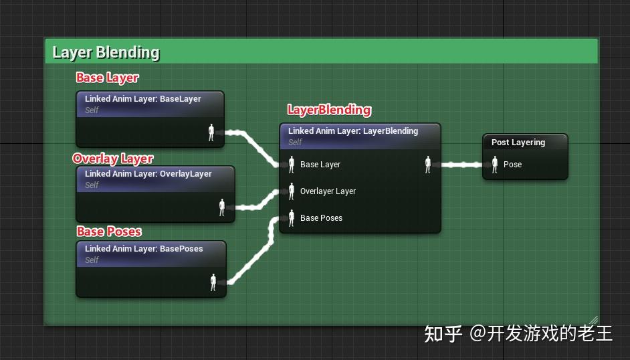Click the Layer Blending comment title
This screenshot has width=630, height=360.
(x=106, y=52)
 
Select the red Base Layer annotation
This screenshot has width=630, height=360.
(x=107, y=78)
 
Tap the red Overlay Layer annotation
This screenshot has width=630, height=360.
(x=113, y=159)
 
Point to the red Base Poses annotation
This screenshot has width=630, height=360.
(x=109, y=232)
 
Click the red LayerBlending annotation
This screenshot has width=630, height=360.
(x=329, y=110)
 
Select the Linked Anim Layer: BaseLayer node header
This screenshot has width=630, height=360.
(x=143, y=99)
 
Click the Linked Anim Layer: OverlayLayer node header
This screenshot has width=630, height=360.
(x=148, y=174)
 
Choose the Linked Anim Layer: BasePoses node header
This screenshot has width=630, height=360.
(x=144, y=249)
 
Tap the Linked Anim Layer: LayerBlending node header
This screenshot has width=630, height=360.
(x=353, y=131)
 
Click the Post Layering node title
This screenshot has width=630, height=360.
(x=518, y=143)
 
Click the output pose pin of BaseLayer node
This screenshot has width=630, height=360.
(x=211, y=132)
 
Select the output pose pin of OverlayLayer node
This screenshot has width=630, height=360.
(x=222, y=207)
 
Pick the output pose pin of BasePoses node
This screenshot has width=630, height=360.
(x=213, y=282)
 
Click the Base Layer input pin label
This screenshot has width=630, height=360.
(x=320, y=165)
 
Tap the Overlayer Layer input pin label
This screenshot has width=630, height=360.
(x=328, y=191)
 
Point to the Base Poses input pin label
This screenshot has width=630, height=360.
(x=321, y=218)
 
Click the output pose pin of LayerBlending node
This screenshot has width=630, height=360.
(x=428, y=165)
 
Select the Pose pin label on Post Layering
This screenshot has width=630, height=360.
(x=512, y=165)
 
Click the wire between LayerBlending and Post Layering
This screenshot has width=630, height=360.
(x=461, y=165)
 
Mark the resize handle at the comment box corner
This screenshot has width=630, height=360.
(x=593, y=321)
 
